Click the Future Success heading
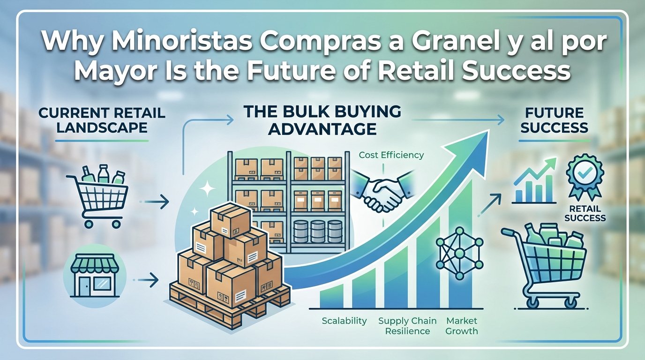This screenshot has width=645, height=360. [554, 120]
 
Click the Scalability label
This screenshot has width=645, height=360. [345, 321]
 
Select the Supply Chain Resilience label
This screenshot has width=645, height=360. [407, 326]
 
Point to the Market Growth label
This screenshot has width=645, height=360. [462, 326]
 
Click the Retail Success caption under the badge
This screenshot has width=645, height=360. [585, 213]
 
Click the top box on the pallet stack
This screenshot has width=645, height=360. [230, 220]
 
